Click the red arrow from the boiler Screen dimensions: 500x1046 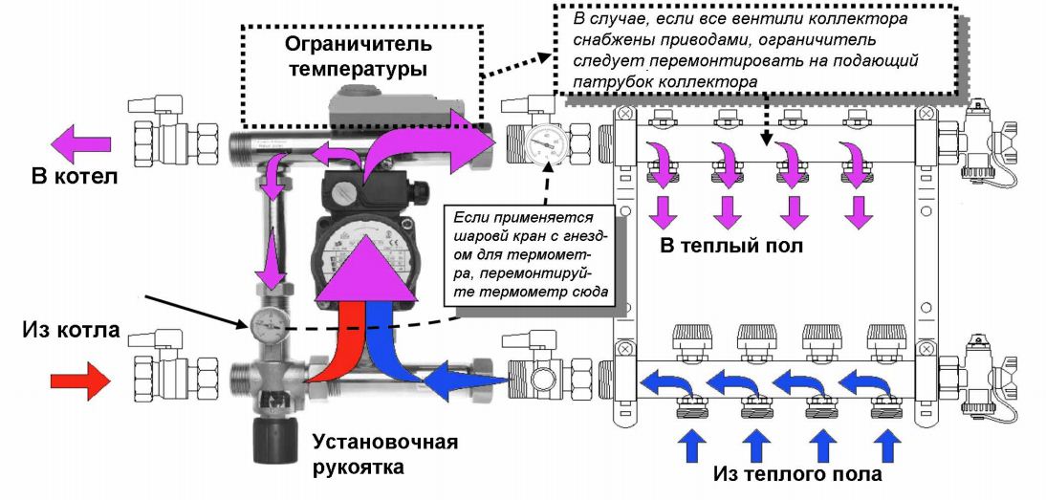(77, 380)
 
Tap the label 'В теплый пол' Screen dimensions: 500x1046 (733, 246)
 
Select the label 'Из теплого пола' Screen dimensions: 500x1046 (797, 473)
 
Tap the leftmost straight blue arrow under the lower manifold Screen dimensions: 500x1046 (692, 447)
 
